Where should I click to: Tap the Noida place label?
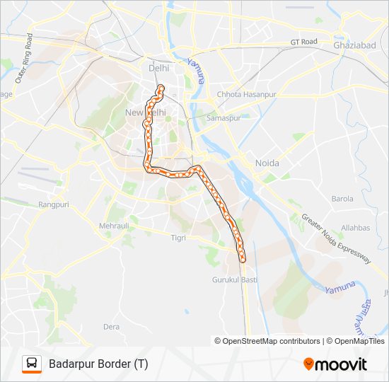coord(267,163)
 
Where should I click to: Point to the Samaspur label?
coord(224,118)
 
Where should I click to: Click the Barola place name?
coord(342,199)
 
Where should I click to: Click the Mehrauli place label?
coord(115,226)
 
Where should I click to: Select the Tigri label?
coord(178,238)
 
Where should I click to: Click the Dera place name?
coord(112,327)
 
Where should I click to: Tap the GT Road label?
coord(304,42)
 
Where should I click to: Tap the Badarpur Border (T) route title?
coord(98,364)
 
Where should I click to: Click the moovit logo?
coord(335,364)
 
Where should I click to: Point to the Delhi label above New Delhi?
coord(159,69)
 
